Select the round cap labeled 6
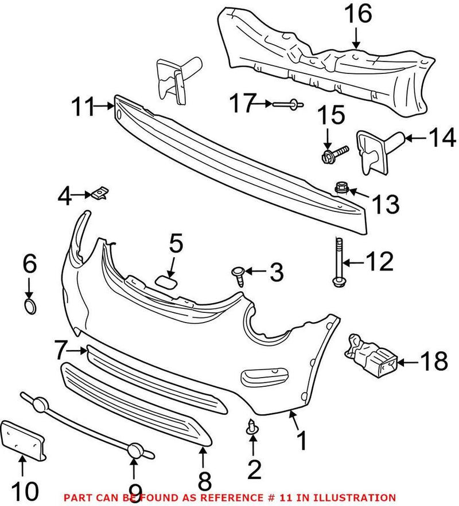pos(30,305)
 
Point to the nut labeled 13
pos(342,188)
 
